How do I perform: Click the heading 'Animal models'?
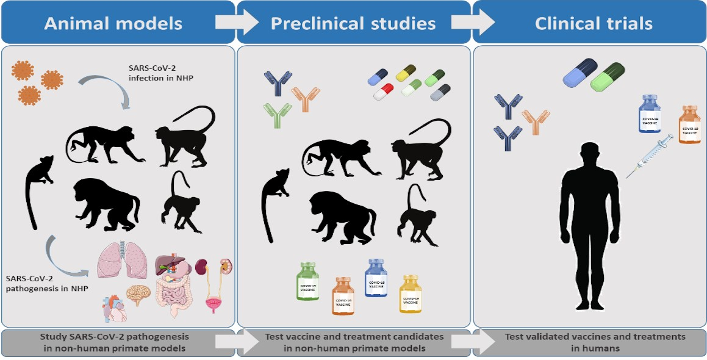tap(113, 24)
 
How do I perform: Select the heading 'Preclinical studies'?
tap(353, 24)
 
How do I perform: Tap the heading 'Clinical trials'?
tap(594, 24)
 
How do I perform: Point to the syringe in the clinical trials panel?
tap(650, 156)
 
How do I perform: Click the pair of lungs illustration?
tap(124, 262)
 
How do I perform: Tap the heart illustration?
tap(115, 307)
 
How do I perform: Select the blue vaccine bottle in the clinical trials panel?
tap(649, 113)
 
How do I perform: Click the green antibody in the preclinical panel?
tap(277, 114)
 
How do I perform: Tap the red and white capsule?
tap(382, 92)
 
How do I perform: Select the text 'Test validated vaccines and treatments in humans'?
tap(595, 342)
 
